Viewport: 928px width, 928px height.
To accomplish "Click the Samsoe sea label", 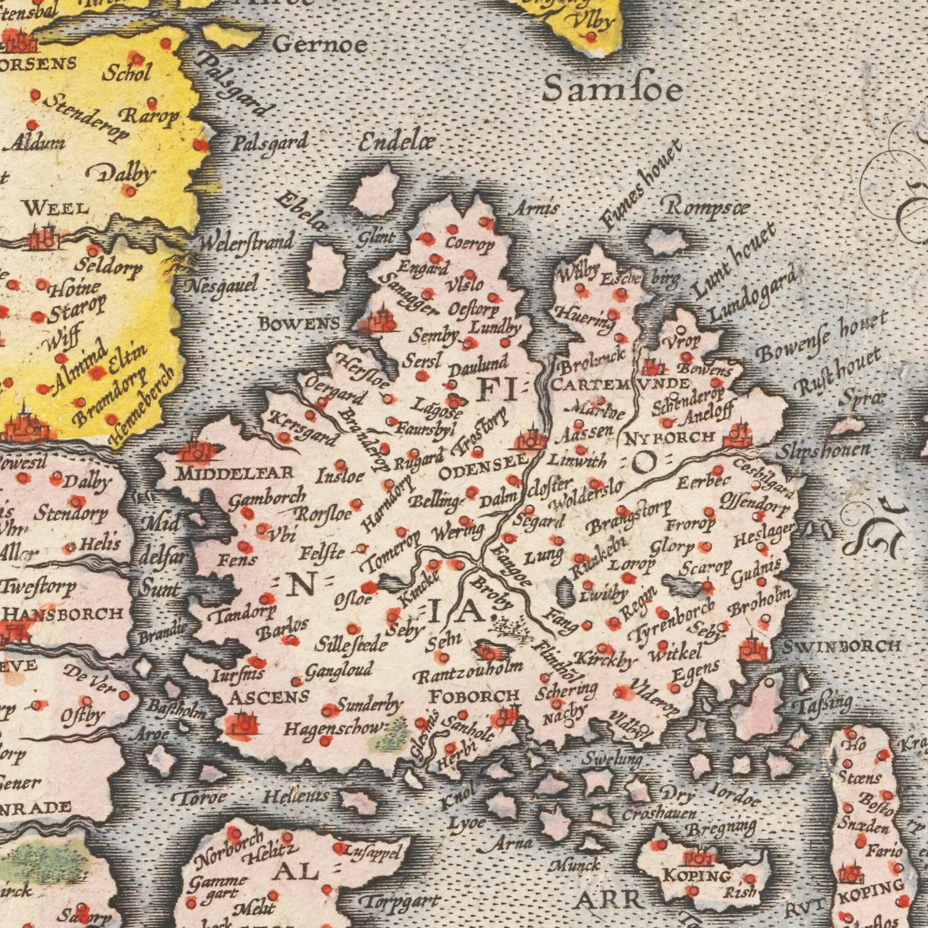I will [612, 90].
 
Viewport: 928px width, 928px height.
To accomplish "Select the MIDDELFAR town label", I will [235, 473].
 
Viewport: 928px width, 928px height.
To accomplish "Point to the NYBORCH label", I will [670, 438].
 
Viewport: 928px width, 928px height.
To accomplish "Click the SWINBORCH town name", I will [841, 647].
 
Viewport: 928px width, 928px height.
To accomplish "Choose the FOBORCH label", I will [474, 696].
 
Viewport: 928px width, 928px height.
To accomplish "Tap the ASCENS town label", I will [269, 696].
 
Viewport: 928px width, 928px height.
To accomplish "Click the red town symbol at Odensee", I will [531, 441].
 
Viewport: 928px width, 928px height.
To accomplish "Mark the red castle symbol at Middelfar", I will [195, 451].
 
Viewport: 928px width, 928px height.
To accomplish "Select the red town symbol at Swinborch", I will [754, 651].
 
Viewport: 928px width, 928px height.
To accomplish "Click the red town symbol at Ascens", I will [243, 726].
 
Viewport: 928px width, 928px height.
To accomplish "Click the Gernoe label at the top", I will [320, 44].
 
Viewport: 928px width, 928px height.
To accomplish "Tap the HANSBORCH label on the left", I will [63, 613].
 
